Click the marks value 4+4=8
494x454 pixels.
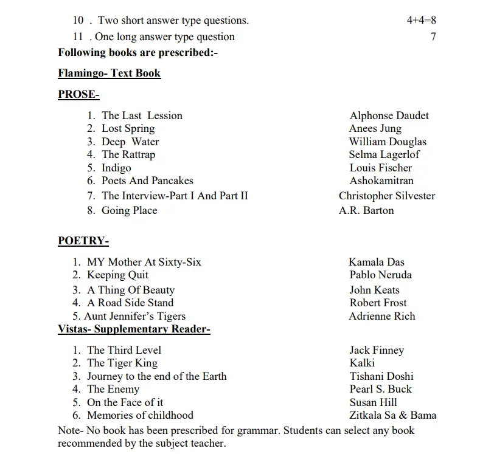(421, 21)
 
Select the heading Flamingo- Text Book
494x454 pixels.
(110, 74)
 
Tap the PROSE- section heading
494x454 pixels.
(78, 94)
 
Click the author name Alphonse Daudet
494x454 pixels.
(389, 115)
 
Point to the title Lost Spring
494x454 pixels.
(128, 128)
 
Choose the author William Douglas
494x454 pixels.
(388, 142)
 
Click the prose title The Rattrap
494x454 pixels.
(128, 154)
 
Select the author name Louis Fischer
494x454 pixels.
(380, 168)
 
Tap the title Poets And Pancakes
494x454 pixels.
(147, 181)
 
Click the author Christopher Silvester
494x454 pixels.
(387, 196)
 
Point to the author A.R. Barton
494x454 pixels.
(366, 210)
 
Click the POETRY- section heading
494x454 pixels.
(83, 241)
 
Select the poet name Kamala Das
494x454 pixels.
(376, 262)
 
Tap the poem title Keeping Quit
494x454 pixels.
(117, 275)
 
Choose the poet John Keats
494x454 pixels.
(374, 290)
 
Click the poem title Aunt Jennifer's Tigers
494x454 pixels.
(134, 316)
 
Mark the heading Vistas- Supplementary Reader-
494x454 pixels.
(134, 329)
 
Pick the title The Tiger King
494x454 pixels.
(122, 363)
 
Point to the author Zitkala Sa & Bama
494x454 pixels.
(392, 416)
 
